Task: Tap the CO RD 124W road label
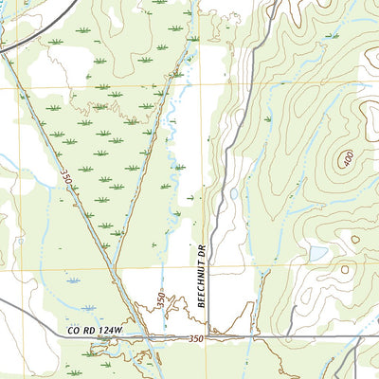coord(94,330)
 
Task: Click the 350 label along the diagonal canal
coord(66,178)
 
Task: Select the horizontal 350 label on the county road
coord(195,338)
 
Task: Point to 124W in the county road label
coord(109,330)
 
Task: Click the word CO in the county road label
coord(71,330)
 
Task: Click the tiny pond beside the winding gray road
coord(233,193)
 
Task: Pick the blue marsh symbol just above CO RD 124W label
coord(88,308)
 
